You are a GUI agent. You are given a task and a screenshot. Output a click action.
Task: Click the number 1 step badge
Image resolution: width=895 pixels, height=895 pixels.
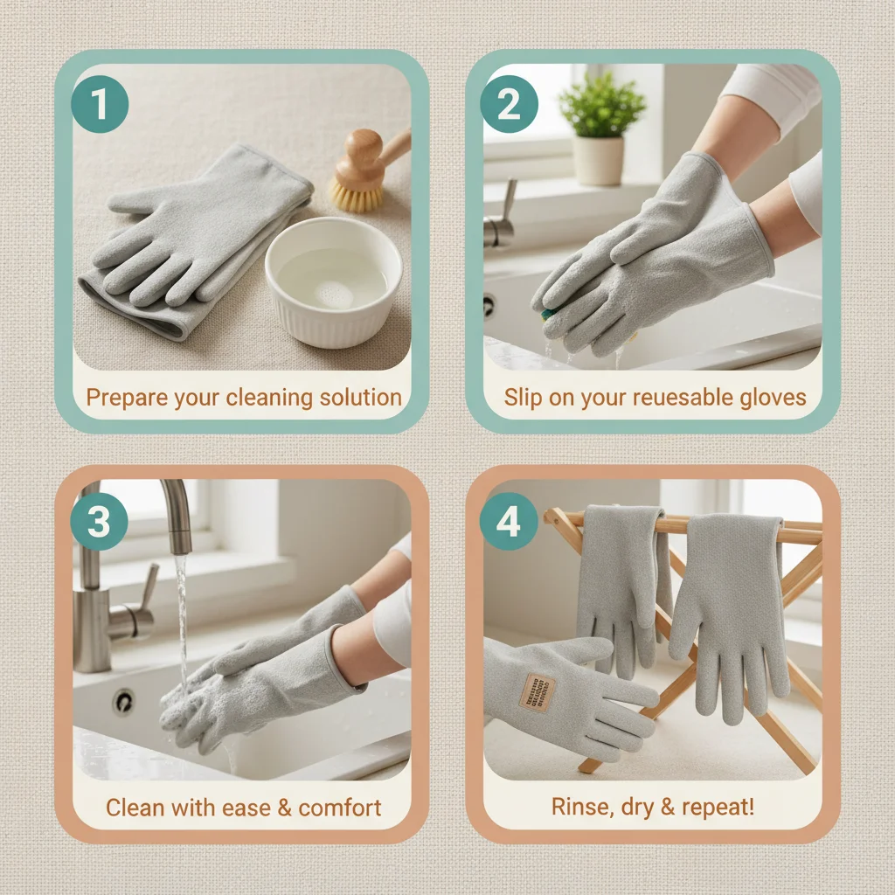(100, 105)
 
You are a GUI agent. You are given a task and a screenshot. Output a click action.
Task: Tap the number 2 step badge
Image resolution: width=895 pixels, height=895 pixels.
(509, 105)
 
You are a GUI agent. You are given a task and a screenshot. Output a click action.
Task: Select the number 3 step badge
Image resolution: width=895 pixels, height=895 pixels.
(100, 522)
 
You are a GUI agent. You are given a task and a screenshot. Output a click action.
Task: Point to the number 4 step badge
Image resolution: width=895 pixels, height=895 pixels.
(509, 522)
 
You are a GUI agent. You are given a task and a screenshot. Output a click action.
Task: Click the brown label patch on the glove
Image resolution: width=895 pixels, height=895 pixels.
(536, 691)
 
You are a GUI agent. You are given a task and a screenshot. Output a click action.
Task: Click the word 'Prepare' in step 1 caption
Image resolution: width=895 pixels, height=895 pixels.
(127, 398)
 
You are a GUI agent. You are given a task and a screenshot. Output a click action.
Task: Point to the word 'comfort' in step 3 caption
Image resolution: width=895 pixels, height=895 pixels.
(340, 807)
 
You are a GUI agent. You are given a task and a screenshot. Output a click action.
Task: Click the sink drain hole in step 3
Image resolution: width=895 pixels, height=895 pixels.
(123, 702)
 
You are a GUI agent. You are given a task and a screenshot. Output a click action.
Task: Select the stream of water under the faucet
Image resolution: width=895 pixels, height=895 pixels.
(182, 621)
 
